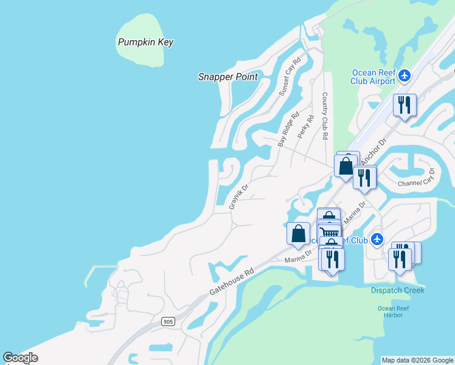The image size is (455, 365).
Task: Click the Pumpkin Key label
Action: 145,43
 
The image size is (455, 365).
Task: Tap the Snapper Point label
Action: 228,77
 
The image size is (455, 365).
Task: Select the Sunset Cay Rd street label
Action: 290,77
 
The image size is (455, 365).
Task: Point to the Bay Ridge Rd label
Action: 289,129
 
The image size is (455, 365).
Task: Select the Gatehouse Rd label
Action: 231,274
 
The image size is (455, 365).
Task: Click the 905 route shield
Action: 168,321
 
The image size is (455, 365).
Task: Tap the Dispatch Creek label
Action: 398,290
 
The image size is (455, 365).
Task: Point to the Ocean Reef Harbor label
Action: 394,311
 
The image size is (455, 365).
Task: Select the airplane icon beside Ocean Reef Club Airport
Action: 405,76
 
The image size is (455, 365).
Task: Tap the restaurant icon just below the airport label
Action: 404,105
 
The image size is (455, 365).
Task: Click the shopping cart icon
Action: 329,232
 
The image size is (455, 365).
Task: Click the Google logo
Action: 21,358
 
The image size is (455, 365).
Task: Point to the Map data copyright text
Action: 417,360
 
